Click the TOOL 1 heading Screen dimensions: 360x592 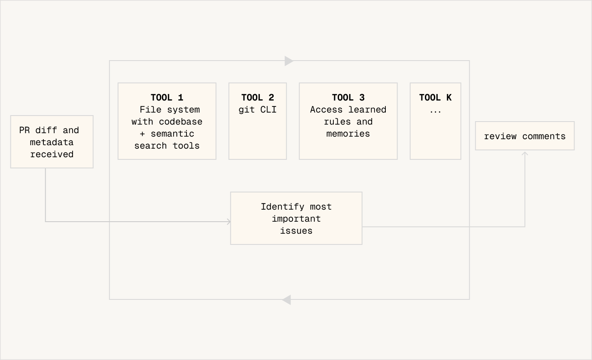pyautogui.click(x=167, y=98)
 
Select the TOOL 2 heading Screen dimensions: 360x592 pyautogui.click(x=257, y=98)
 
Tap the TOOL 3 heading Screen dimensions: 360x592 pyautogui.click(x=348, y=98)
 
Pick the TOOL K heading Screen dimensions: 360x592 pyautogui.click(x=435, y=98)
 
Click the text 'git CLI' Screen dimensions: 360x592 pyautogui.click(x=257, y=110)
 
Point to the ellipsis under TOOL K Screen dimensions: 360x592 pyautogui.click(x=435, y=110)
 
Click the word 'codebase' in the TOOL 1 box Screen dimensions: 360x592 pyautogui.click(x=180, y=122)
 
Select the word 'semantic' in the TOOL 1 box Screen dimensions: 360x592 pyautogui.click(x=172, y=134)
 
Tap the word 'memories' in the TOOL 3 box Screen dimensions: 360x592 pyautogui.click(x=348, y=134)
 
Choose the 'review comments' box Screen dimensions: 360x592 pyautogui.click(x=525, y=136)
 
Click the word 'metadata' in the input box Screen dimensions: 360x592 pyautogui.click(x=52, y=142)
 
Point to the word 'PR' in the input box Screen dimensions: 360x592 pyautogui.click(x=24, y=130)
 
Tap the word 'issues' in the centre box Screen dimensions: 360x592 pyautogui.click(x=296, y=231)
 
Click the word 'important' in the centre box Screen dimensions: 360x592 pyautogui.click(x=296, y=219)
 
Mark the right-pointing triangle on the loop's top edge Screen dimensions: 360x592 pyautogui.click(x=289, y=61)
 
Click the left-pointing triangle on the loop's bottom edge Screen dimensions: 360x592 pyautogui.click(x=287, y=300)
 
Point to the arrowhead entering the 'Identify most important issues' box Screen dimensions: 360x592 pyautogui.click(x=229, y=222)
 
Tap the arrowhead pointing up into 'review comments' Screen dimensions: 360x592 pyautogui.click(x=525, y=154)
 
